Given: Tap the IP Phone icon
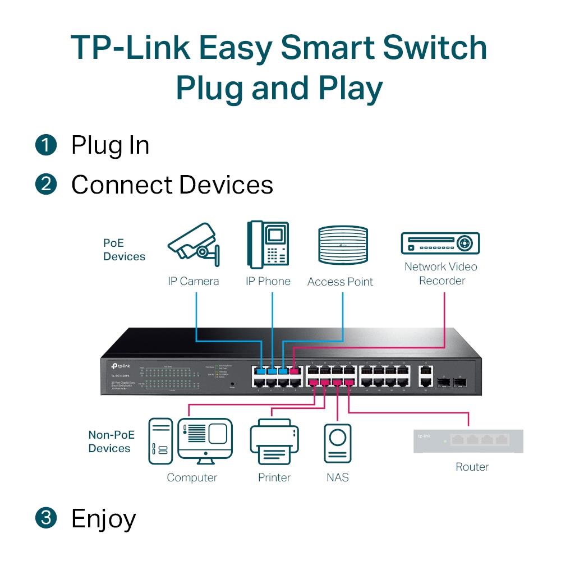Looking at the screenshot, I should [x=268, y=245].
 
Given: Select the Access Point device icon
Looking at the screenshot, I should [x=343, y=245].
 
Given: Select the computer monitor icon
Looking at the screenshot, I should [x=205, y=439].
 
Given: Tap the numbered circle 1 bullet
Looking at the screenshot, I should [x=46, y=145].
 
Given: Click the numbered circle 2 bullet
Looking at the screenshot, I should [x=46, y=185].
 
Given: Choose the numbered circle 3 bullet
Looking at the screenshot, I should [x=46, y=518].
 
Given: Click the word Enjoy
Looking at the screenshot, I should [x=103, y=519].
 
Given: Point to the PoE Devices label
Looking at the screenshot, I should [x=124, y=250].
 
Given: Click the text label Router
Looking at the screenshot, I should [x=472, y=467].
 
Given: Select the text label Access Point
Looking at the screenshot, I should [x=340, y=282].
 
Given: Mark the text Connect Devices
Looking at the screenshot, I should [x=172, y=185].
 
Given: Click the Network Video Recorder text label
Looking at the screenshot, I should [x=441, y=273].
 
